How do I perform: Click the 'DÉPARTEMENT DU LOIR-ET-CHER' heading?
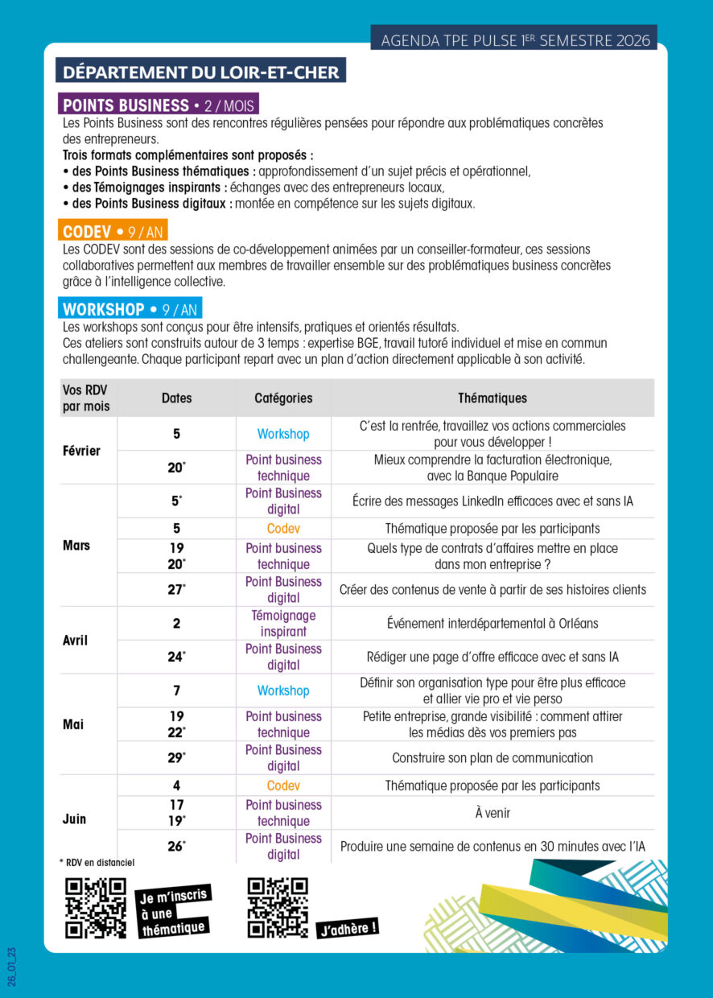[x=200, y=71]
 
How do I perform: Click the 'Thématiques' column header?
[x=493, y=398]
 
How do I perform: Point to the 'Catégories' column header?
[x=283, y=398]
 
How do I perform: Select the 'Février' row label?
[x=81, y=451]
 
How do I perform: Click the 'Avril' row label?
[x=75, y=641]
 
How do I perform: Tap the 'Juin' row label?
[x=74, y=819]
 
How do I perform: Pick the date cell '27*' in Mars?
[x=177, y=589]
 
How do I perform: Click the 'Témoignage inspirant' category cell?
[x=283, y=623]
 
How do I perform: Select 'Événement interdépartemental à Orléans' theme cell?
[x=493, y=623]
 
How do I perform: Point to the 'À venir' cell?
[x=493, y=813]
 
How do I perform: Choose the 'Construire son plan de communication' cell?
[x=493, y=757]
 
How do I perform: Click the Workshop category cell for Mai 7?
[x=283, y=691]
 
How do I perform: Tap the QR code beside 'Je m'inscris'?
[x=96, y=907]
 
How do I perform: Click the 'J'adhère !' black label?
[x=348, y=928]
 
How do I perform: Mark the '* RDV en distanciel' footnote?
[x=97, y=862]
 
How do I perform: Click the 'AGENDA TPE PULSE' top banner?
[x=514, y=39]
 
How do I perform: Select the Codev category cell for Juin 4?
[x=283, y=786]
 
